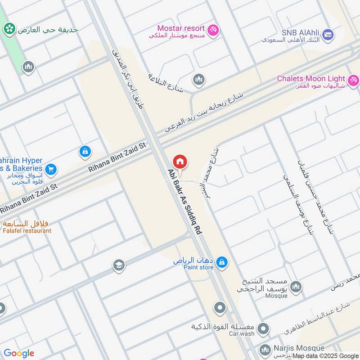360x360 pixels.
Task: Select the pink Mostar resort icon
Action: [214, 29]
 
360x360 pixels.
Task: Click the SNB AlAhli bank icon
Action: [328, 34]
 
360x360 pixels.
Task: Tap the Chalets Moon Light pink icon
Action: [353, 80]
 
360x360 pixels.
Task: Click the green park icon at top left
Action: [9, 29]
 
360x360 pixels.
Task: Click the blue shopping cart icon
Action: [51, 169]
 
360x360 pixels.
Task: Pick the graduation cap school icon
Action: [118, 264]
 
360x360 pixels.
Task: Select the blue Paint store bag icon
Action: [221, 261]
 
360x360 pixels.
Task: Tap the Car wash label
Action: [242, 333]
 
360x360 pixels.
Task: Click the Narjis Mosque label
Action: [298, 348]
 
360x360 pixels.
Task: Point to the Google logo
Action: [18, 353]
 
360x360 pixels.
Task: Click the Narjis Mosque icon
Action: [265, 349]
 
